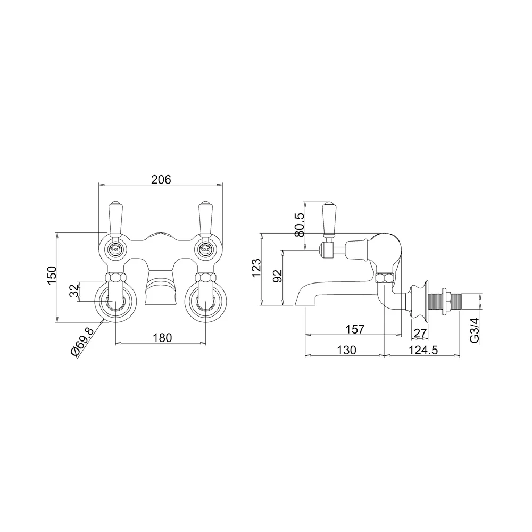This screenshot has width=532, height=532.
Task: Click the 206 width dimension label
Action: tap(161, 180)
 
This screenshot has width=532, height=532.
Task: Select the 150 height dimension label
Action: tap(52, 276)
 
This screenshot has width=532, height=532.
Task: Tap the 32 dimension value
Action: tap(75, 291)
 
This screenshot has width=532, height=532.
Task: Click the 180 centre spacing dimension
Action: tap(161, 337)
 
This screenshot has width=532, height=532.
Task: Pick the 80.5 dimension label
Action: tap(299, 225)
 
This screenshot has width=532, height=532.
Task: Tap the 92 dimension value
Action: tap(277, 277)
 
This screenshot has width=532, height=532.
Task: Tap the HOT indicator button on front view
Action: tap(114, 247)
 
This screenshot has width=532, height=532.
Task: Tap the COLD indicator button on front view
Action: tap(205, 247)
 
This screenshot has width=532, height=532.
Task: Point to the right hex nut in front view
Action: tap(205, 278)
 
